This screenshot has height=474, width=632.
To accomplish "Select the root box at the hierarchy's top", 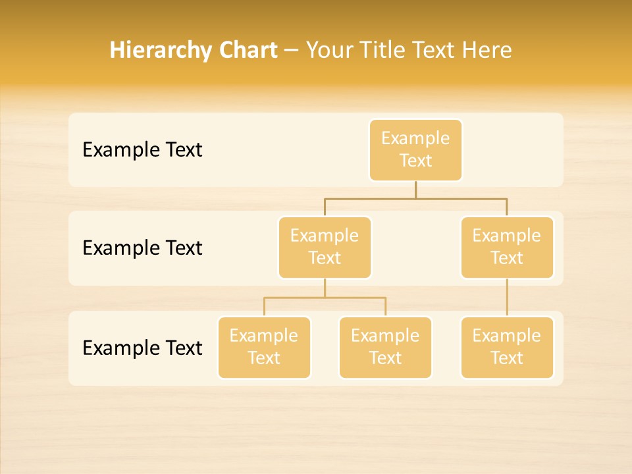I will [415, 150].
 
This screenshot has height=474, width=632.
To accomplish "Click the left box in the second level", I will [325, 248].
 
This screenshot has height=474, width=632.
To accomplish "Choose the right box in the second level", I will [507, 248].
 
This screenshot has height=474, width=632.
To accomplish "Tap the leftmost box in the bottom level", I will [264, 348].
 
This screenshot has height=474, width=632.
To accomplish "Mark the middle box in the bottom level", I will [385, 348].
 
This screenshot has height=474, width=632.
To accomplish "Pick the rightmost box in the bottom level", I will [507, 348].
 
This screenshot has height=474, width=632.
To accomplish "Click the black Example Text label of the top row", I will [142, 150].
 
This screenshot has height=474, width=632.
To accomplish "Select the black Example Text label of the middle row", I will [142, 248].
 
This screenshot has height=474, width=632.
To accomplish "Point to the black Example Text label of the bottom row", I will [142, 348].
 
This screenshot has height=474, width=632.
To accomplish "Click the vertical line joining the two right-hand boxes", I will [507, 298].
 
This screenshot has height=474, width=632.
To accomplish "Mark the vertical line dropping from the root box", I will [415, 190].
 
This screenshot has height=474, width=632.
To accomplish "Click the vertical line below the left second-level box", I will [325, 288].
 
